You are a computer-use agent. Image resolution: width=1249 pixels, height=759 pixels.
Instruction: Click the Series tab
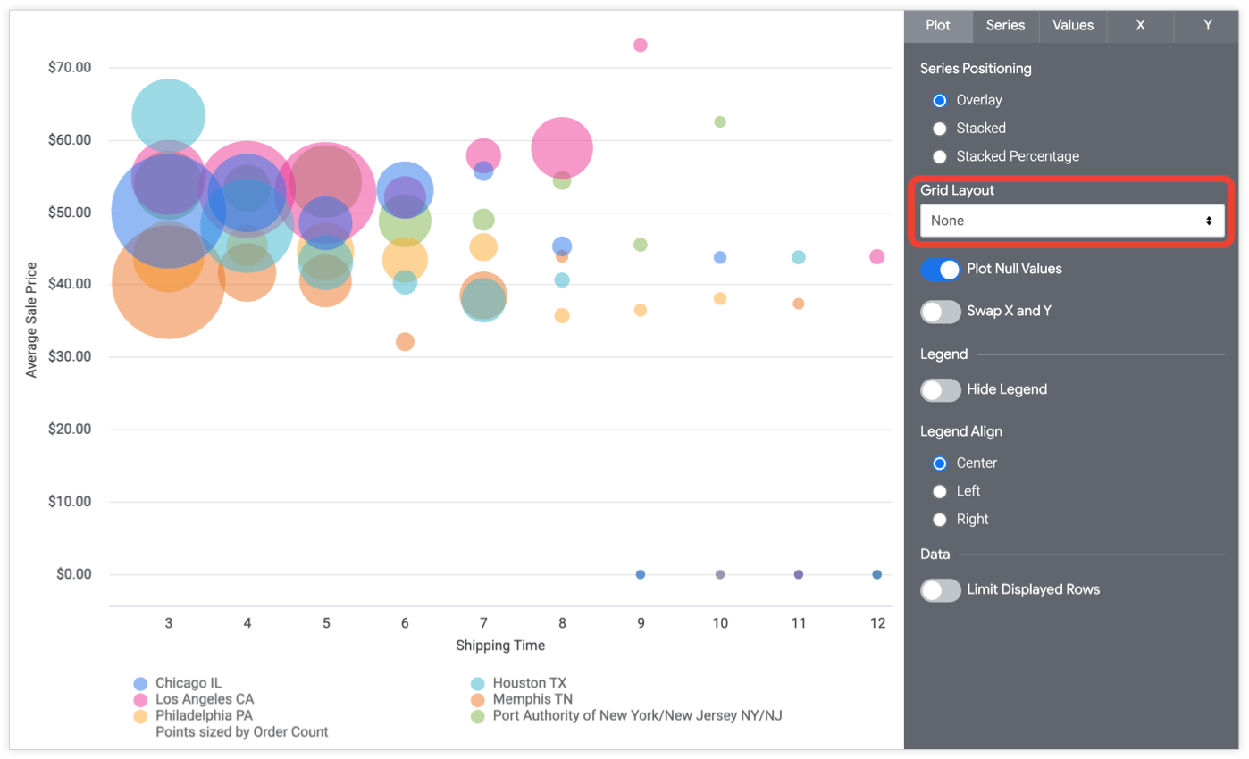point(1005,26)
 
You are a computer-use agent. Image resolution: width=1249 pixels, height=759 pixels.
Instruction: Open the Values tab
point(1072,26)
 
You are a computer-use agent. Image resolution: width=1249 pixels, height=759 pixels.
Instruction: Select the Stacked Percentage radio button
point(939,156)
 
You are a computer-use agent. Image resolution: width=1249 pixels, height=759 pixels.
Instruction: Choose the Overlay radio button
point(939,101)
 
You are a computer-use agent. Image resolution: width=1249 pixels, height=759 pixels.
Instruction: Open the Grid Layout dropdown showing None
point(1071,221)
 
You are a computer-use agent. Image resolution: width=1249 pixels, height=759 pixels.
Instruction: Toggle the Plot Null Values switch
point(940,269)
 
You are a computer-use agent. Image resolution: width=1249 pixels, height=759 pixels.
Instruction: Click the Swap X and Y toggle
point(940,312)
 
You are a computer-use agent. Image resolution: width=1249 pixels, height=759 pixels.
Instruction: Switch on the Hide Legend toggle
point(940,390)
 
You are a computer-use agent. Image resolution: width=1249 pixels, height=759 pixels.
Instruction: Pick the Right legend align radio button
point(939,520)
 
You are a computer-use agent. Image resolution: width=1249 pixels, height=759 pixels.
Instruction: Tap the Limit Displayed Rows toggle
point(940,590)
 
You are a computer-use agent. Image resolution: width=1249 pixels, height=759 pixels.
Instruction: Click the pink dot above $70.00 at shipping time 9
point(641,46)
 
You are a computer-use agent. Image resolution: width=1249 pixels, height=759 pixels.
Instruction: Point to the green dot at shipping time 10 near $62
point(720,121)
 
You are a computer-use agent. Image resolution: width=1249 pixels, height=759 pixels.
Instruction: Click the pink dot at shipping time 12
point(877,257)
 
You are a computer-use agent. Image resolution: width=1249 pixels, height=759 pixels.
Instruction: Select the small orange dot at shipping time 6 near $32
point(405,342)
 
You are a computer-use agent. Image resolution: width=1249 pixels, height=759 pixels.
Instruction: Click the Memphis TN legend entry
point(532,699)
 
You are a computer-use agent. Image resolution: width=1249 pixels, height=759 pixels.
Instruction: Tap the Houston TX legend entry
point(529,683)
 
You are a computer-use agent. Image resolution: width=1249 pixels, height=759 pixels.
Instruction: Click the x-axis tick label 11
point(799,623)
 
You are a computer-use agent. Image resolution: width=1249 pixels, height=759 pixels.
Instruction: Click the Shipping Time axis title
point(500,646)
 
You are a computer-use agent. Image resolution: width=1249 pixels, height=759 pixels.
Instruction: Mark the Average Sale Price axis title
point(32,320)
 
